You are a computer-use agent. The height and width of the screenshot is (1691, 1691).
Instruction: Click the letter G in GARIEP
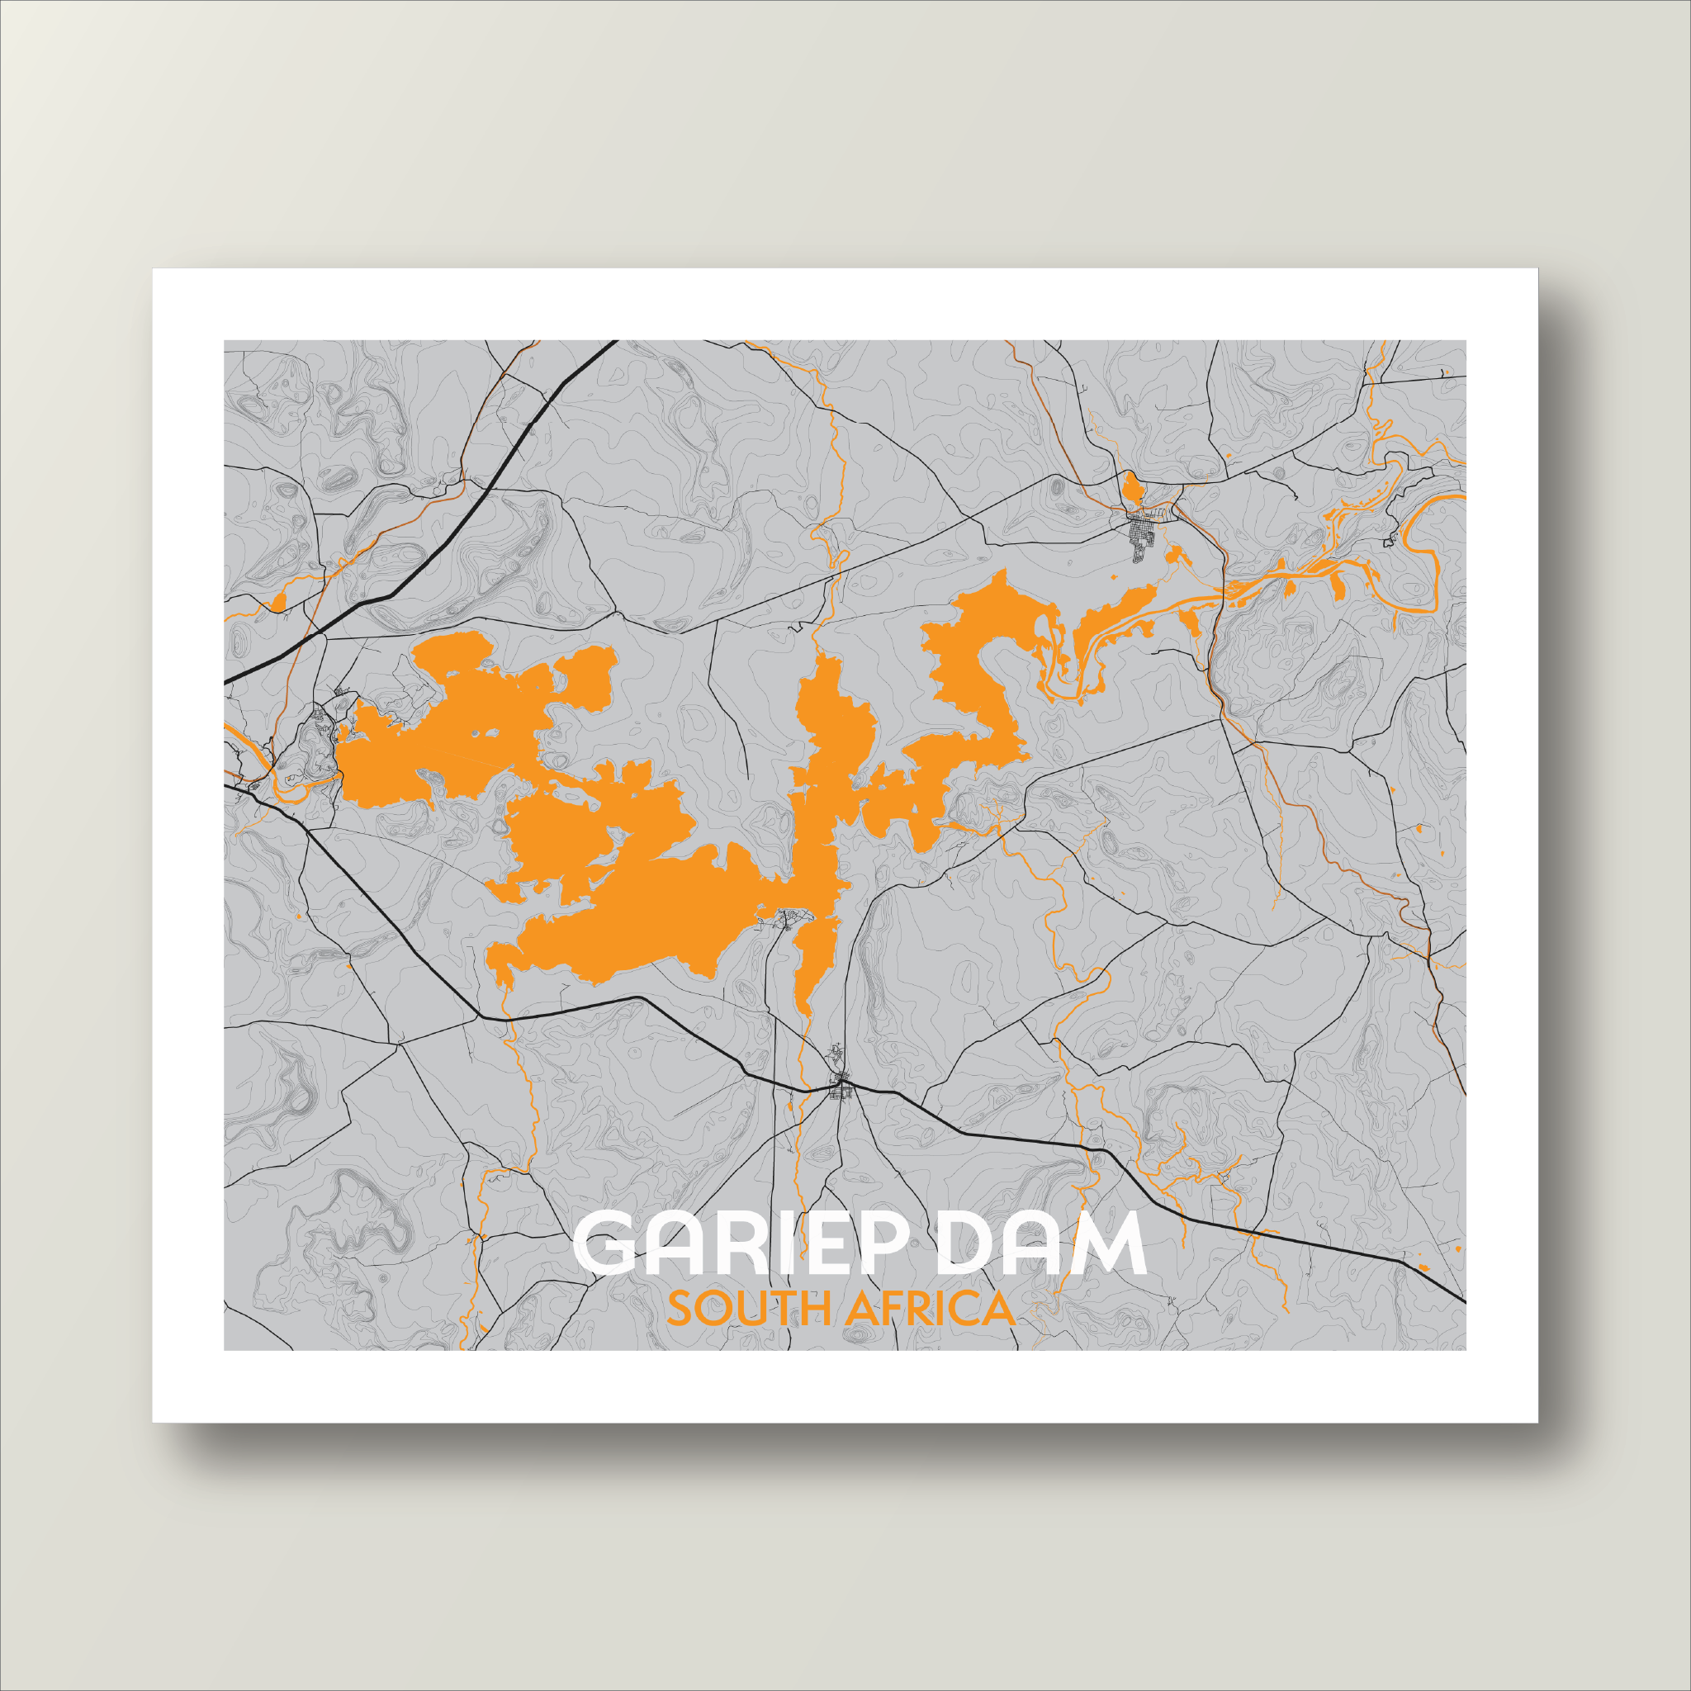pos(604,1243)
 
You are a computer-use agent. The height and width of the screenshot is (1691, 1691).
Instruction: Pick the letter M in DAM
pos(1109,1243)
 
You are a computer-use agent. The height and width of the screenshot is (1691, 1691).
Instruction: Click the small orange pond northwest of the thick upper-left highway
pos(279,601)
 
